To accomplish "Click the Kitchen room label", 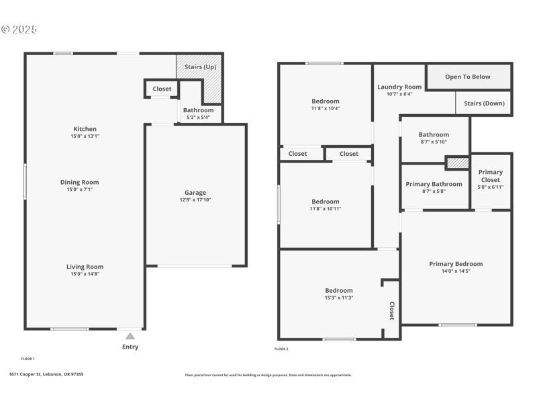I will [x=85, y=128].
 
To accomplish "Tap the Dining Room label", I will [x=80, y=182].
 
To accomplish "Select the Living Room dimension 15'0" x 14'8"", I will [x=85, y=274].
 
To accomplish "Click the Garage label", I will [x=195, y=192].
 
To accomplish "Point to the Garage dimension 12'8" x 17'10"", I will [x=195, y=199].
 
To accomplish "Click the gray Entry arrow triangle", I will [x=130, y=336].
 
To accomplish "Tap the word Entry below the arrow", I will [x=130, y=347].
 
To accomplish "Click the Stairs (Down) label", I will [x=484, y=103].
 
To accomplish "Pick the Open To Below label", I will [x=468, y=77].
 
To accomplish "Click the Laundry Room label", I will [x=399, y=87].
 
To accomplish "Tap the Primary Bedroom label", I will [x=456, y=264].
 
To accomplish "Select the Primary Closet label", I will [x=490, y=176].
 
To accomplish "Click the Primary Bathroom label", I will [x=434, y=184].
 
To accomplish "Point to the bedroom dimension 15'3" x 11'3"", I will [x=339, y=298].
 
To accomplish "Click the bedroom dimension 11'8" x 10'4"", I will [x=326, y=108].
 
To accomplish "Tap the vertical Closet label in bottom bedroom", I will [x=392, y=310].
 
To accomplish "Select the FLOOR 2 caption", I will [x=281, y=349].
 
